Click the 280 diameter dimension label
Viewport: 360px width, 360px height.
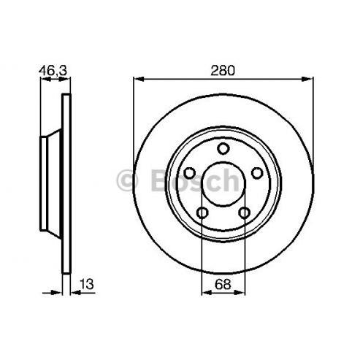[x=223, y=71]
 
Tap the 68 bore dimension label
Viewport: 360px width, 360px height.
[x=223, y=284]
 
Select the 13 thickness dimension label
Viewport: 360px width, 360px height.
[x=86, y=284]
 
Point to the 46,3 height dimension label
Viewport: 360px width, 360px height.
[x=53, y=71]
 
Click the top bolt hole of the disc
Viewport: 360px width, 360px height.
[x=223, y=148]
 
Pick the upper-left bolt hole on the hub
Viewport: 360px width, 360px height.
[x=189, y=173]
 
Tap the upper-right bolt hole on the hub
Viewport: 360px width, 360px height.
[x=257, y=173]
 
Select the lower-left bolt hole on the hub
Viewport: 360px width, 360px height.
[x=202, y=213]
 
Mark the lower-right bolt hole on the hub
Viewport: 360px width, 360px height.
[x=244, y=213]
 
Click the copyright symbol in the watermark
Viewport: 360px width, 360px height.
[x=127, y=180]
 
